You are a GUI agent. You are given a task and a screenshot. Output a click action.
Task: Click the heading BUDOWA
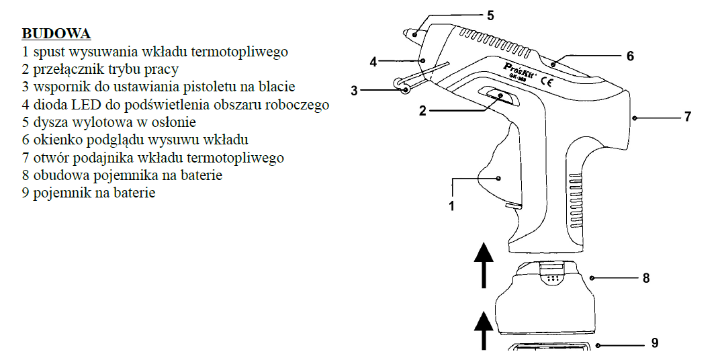point(56,34)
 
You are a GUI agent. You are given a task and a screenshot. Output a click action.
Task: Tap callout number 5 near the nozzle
point(490,15)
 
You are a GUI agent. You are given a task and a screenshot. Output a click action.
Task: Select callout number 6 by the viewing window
point(630,56)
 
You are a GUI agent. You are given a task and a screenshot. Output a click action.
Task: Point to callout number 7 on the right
point(687,117)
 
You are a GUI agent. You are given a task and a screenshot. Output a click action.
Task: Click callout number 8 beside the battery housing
point(646,277)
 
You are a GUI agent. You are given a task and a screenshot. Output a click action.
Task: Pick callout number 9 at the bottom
point(655,343)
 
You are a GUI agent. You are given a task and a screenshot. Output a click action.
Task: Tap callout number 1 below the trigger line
point(452,206)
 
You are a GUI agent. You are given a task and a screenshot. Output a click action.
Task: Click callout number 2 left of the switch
point(422,110)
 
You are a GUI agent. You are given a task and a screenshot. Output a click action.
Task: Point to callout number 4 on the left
point(373,62)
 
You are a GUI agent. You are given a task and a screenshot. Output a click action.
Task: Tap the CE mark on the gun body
point(547,84)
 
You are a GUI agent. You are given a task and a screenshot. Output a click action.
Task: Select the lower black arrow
point(484,329)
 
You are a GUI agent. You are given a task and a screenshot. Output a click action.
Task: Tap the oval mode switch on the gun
point(501,97)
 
